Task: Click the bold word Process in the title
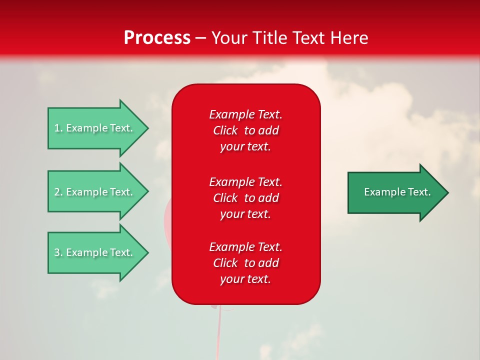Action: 157,38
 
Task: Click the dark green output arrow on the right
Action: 395,192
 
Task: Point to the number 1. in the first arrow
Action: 58,128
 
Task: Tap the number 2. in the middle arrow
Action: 58,192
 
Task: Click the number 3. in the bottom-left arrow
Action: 58,252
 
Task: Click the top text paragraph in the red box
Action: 245,130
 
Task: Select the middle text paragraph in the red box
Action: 245,198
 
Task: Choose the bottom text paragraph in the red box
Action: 245,263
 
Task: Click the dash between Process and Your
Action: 200,38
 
